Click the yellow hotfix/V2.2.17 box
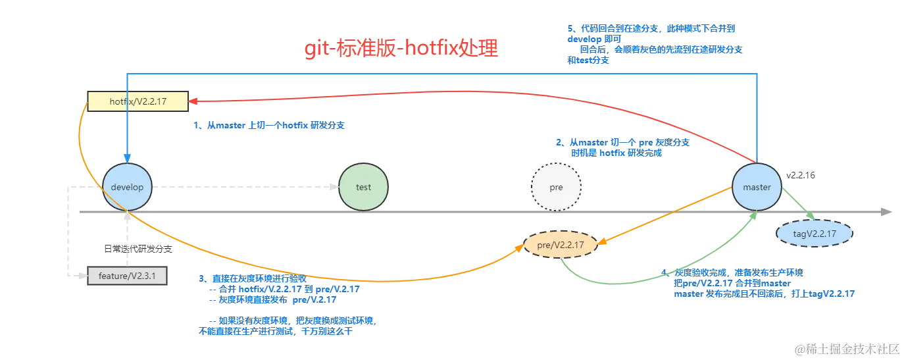pos(138,101)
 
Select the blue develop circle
pos(128,187)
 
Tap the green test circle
pos(363,187)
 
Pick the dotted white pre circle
pos(556,187)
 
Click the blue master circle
pos(757,187)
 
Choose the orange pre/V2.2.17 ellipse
pos(560,245)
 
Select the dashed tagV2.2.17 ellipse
pos(814,233)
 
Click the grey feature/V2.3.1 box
pos(127,276)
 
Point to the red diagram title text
pos(401,50)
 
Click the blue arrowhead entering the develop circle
pos(128,157)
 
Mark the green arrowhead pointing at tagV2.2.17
pos(810,216)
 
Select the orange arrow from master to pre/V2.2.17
pos(665,216)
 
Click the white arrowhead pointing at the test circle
pos(333,187)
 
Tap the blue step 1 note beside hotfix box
pos(270,126)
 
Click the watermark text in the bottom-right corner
pos(845,348)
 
